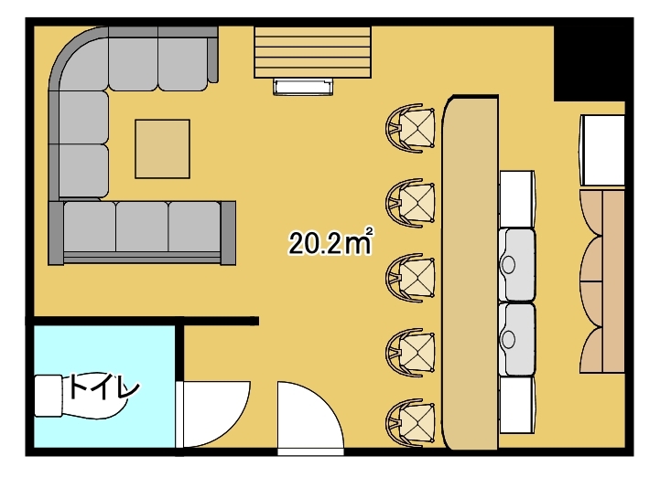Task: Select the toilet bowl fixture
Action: pyautogui.click(x=80, y=397)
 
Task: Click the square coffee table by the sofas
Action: pyautogui.click(x=162, y=149)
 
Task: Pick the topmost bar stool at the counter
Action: pyautogui.click(x=410, y=128)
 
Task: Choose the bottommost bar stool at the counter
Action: pyautogui.click(x=410, y=422)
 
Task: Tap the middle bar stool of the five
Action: pyautogui.click(x=410, y=278)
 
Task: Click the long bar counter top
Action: pyautogui.click(x=470, y=272)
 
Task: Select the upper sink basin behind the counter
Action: pyautogui.click(x=517, y=265)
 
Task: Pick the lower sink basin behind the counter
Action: pyautogui.click(x=517, y=339)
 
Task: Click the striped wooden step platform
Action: pyautogui.click(x=312, y=52)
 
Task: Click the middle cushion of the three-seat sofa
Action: pyautogui.click(x=142, y=227)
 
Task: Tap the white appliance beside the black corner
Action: pyautogui.click(x=602, y=151)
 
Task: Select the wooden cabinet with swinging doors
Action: pyautogui.click(x=602, y=281)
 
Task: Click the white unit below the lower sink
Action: pyautogui.click(x=517, y=405)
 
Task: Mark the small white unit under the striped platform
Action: pyautogui.click(x=303, y=87)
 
